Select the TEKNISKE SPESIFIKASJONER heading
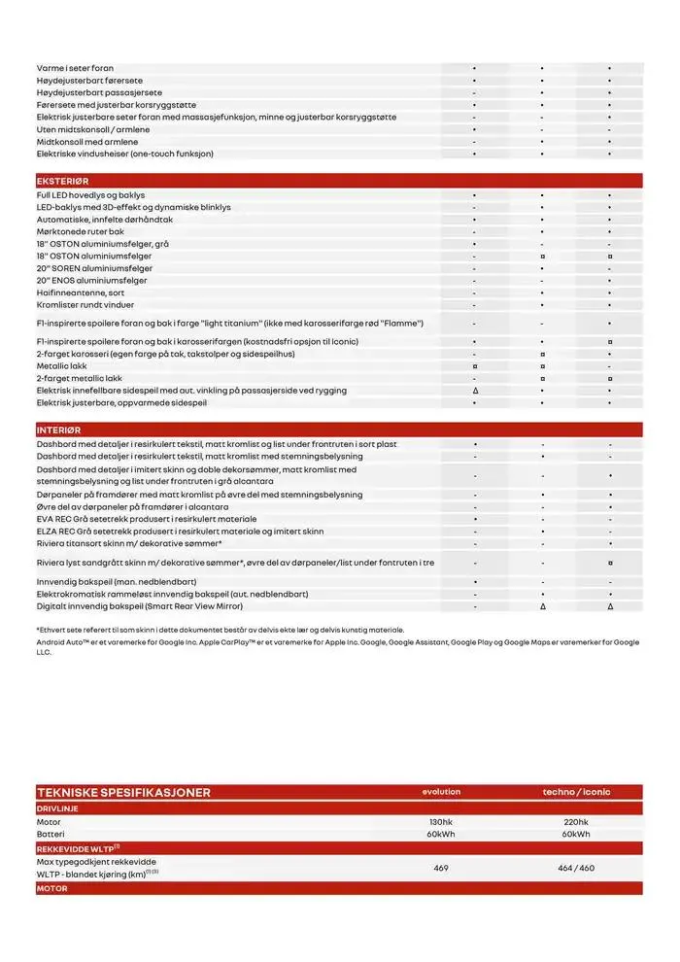pos(122,793)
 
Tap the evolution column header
pos(441,792)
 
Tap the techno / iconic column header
pos(576,792)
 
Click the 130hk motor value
pos(441,822)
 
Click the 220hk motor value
pos(576,822)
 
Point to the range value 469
pos(441,868)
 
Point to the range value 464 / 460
pos(576,868)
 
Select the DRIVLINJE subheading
pos(57,807)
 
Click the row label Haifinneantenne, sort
pos(81,292)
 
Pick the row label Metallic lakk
pos(61,366)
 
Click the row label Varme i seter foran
pos(75,69)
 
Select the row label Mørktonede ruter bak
pos(80,232)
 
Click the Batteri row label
pos(50,834)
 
